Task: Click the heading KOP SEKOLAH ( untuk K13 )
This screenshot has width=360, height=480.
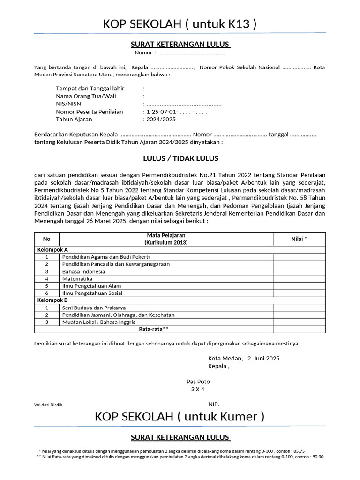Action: [180, 24]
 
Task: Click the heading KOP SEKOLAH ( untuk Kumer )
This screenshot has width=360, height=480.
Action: [180, 416]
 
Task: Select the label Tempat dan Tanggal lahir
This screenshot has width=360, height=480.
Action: [90, 88]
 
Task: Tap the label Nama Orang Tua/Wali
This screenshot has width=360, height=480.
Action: [86, 96]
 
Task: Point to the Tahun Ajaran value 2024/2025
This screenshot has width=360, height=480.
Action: [161, 120]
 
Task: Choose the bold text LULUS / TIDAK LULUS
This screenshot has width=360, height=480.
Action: [180, 158]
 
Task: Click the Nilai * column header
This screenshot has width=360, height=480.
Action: [299, 239]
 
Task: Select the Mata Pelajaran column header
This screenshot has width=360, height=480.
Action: [166, 239]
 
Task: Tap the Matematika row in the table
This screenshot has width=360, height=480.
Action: [77, 278]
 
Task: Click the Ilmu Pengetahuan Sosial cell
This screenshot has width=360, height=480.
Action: [92, 293]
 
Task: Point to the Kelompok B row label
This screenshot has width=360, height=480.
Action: [52, 300]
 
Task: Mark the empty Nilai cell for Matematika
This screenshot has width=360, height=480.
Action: [299, 278]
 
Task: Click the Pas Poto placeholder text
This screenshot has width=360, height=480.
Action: [198, 382]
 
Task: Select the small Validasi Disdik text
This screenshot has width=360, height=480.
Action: [48, 405]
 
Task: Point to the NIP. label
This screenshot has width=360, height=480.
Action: [213, 404]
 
